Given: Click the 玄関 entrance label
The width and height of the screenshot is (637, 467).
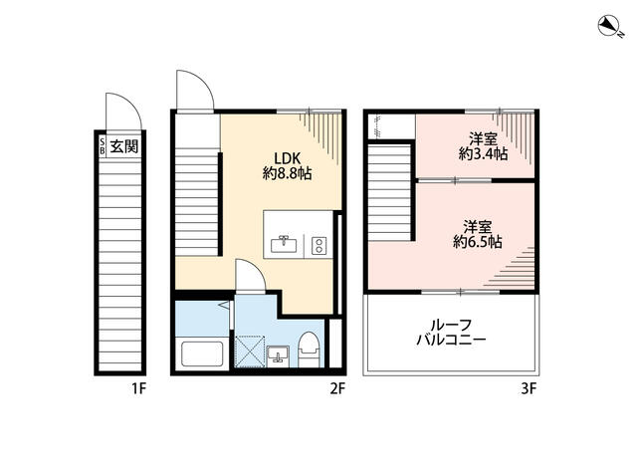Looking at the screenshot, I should coord(124,147).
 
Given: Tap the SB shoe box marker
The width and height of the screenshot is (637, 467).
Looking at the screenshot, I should coord(102,146).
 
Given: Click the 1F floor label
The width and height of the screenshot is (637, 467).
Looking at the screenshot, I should coord(136,388).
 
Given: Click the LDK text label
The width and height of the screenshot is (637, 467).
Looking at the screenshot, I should coord(289,155).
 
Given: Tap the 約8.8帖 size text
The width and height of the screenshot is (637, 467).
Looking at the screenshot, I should coord(288,173).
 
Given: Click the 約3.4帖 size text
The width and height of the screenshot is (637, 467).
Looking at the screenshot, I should coord(483,154).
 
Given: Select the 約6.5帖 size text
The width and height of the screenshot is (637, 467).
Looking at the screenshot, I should coord(478,241).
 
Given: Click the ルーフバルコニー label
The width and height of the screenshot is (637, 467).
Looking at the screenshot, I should coord(451,333).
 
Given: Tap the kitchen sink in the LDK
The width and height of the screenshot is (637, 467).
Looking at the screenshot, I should coord(284,242).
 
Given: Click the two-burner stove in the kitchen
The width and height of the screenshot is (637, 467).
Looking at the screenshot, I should coord(318,243).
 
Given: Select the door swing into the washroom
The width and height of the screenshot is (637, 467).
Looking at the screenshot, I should coord(248,276).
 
